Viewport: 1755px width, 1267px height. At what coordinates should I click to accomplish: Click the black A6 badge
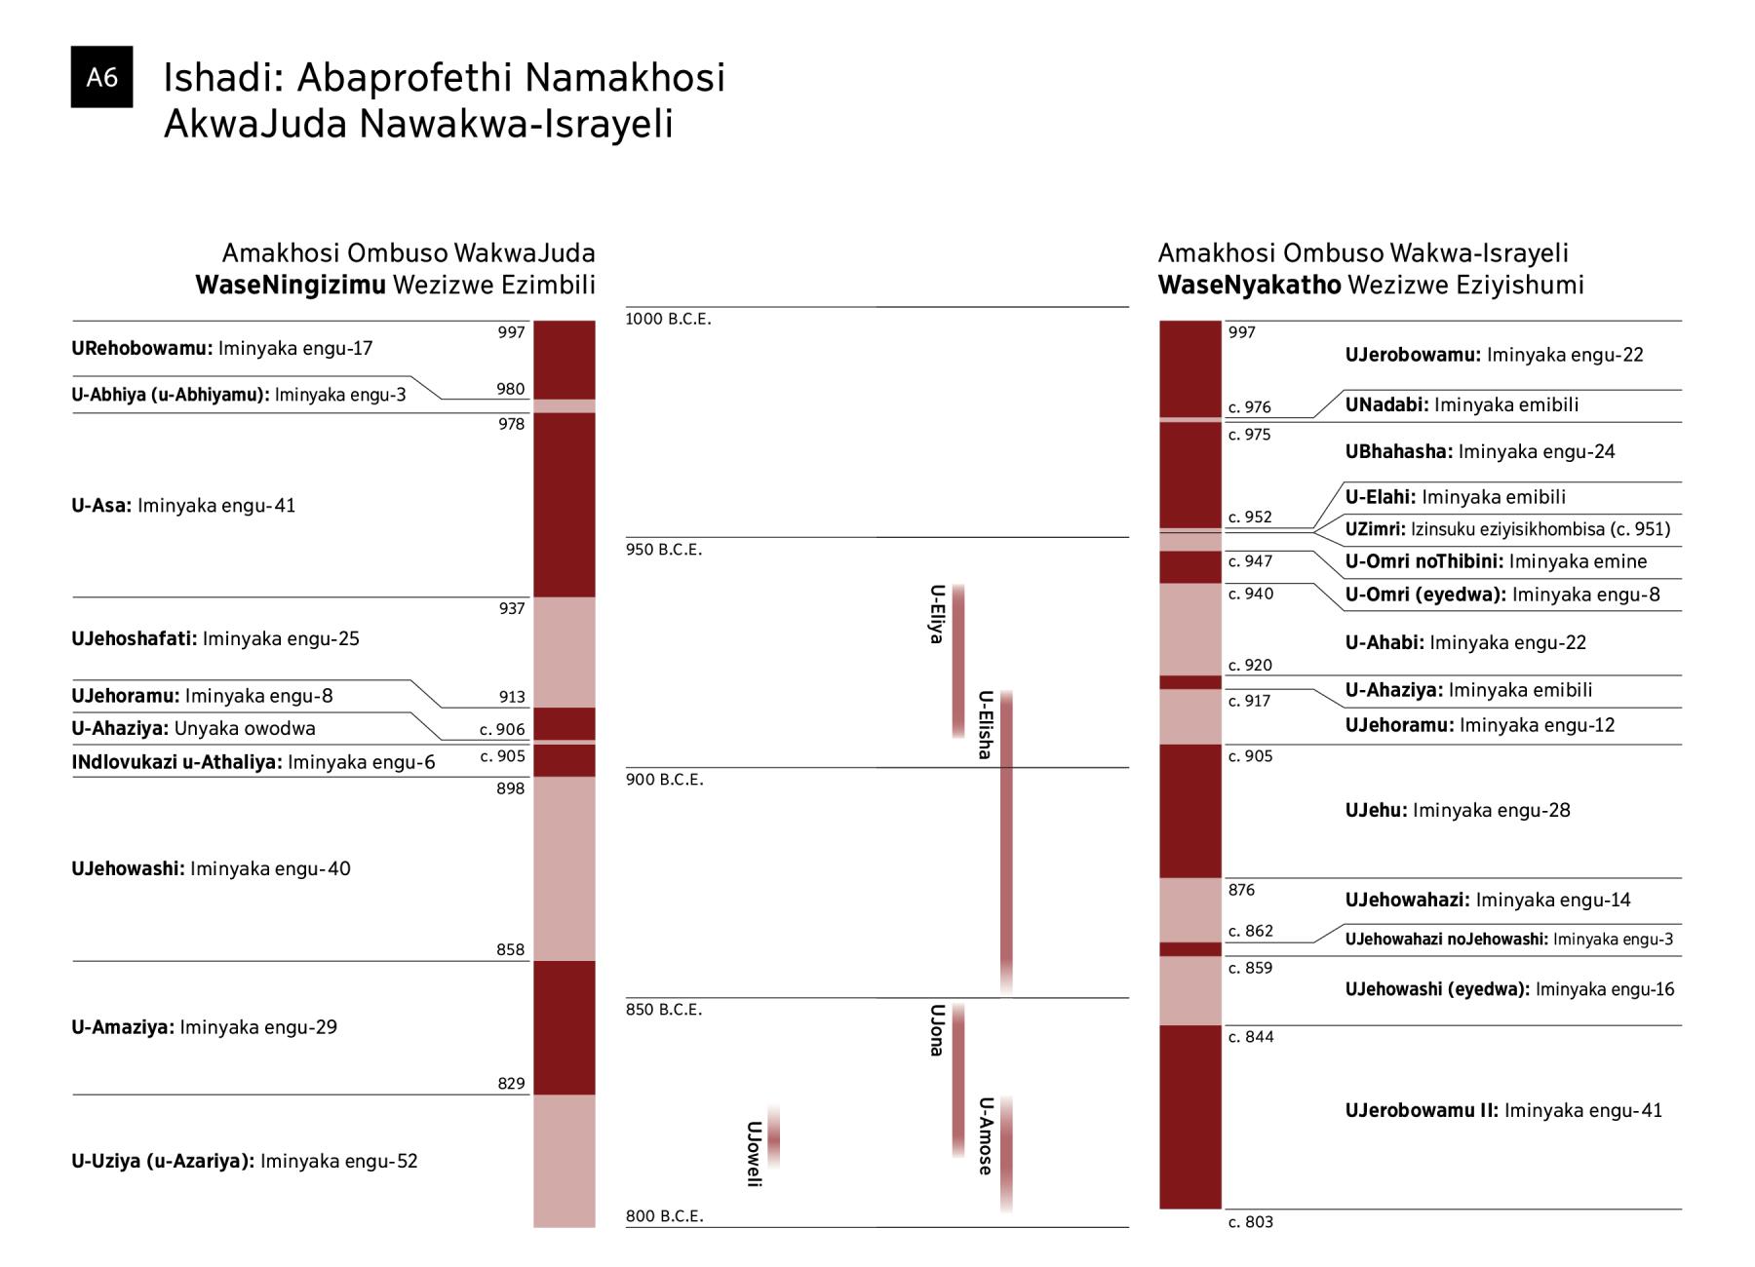click(101, 77)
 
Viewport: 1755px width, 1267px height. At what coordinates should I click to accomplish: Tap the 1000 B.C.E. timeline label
click(669, 320)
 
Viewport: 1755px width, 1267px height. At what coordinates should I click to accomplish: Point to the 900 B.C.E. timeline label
click(664, 780)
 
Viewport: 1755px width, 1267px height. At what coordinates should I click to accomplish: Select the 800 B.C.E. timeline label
click(664, 1216)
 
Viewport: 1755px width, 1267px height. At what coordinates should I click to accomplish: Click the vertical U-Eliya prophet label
click(937, 614)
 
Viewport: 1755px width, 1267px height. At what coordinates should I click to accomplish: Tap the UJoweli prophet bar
click(774, 1136)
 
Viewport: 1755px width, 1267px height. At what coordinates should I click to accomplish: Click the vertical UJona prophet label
click(937, 1030)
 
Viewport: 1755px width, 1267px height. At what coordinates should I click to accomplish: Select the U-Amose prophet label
click(986, 1135)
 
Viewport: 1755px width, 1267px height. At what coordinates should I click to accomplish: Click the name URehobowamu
click(142, 349)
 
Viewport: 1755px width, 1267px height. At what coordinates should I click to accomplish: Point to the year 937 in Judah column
click(511, 609)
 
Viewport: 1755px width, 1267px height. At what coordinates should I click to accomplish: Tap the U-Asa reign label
click(183, 506)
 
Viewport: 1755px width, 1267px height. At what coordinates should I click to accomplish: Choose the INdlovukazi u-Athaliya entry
click(253, 762)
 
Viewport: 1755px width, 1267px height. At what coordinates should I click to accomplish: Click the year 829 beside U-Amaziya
click(511, 1084)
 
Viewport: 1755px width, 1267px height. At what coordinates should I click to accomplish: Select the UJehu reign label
click(1458, 811)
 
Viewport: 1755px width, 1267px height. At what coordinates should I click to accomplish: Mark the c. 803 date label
click(1250, 1222)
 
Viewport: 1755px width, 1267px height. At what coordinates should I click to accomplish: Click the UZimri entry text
click(1507, 529)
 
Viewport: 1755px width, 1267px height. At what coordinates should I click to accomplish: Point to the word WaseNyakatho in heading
click(1249, 286)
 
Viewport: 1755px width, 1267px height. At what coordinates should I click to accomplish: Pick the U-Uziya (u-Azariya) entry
click(244, 1161)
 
